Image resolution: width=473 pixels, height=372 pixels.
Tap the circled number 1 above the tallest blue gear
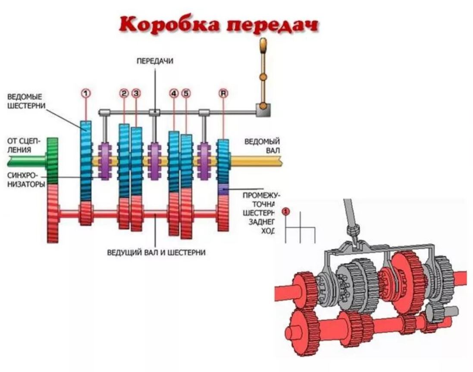tap(86, 92)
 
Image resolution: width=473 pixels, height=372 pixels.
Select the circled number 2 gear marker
tap(124, 93)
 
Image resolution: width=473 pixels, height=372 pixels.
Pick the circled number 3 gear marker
tap(136, 93)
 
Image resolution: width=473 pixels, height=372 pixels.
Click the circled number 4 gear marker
tap(174, 93)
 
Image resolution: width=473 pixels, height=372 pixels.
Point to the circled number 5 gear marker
tap(186, 93)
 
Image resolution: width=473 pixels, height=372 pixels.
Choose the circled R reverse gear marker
tap(223, 93)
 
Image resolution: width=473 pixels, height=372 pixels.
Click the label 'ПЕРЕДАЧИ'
tap(155, 61)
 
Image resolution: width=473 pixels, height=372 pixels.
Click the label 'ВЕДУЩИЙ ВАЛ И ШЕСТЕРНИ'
tap(156, 252)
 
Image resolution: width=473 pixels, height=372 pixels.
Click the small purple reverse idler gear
tap(223, 189)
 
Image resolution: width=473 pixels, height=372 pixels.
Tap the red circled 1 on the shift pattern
tap(285, 211)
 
